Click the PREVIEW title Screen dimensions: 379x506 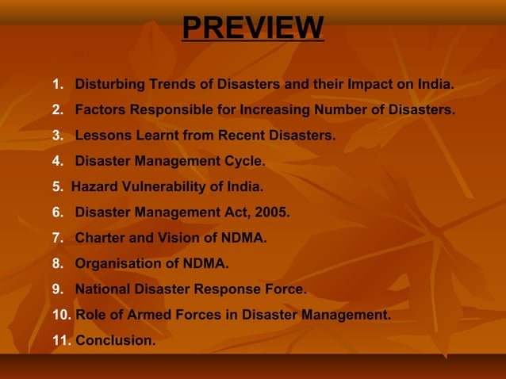pyautogui.click(x=252, y=28)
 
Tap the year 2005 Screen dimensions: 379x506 pyautogui.click(x=270, y=212)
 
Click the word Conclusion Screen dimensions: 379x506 pyautogui.click(x=115, y=340)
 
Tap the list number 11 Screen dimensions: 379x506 pyautogui.click(x=60, y=340)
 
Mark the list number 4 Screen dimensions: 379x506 pyautogui.click(x=57, y=162)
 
